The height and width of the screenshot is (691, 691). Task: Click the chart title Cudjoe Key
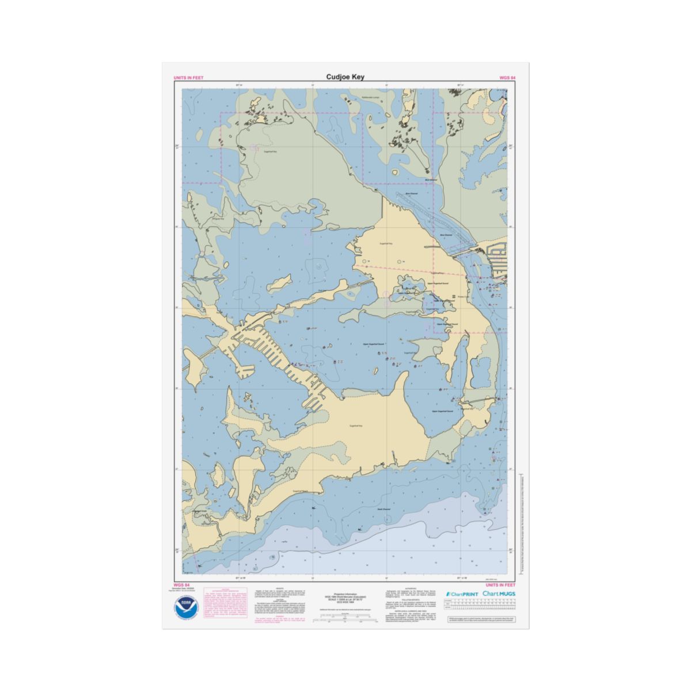pyautogui.click(x=345, y=77)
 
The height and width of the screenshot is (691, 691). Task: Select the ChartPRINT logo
pyautogui.click(x=462, y=593)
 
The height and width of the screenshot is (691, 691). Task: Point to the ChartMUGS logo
pyautogui.click(x=499, y=593)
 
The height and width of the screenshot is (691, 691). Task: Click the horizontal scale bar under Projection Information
pyautogui.click(x=345, y=620)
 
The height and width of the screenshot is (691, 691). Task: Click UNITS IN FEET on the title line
pyautogui.click(x=188, y=77)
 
